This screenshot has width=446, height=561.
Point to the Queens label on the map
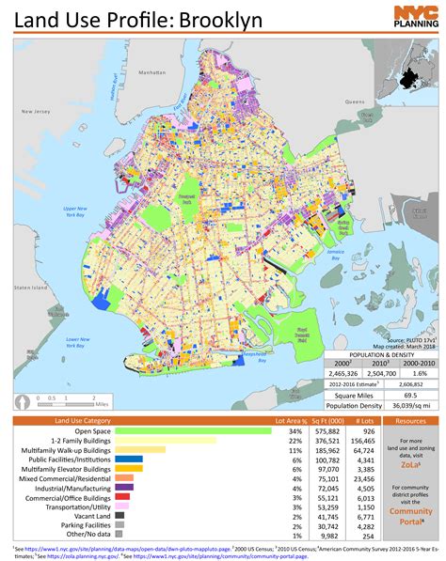(354, 101)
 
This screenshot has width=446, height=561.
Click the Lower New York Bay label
(72, 341)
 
